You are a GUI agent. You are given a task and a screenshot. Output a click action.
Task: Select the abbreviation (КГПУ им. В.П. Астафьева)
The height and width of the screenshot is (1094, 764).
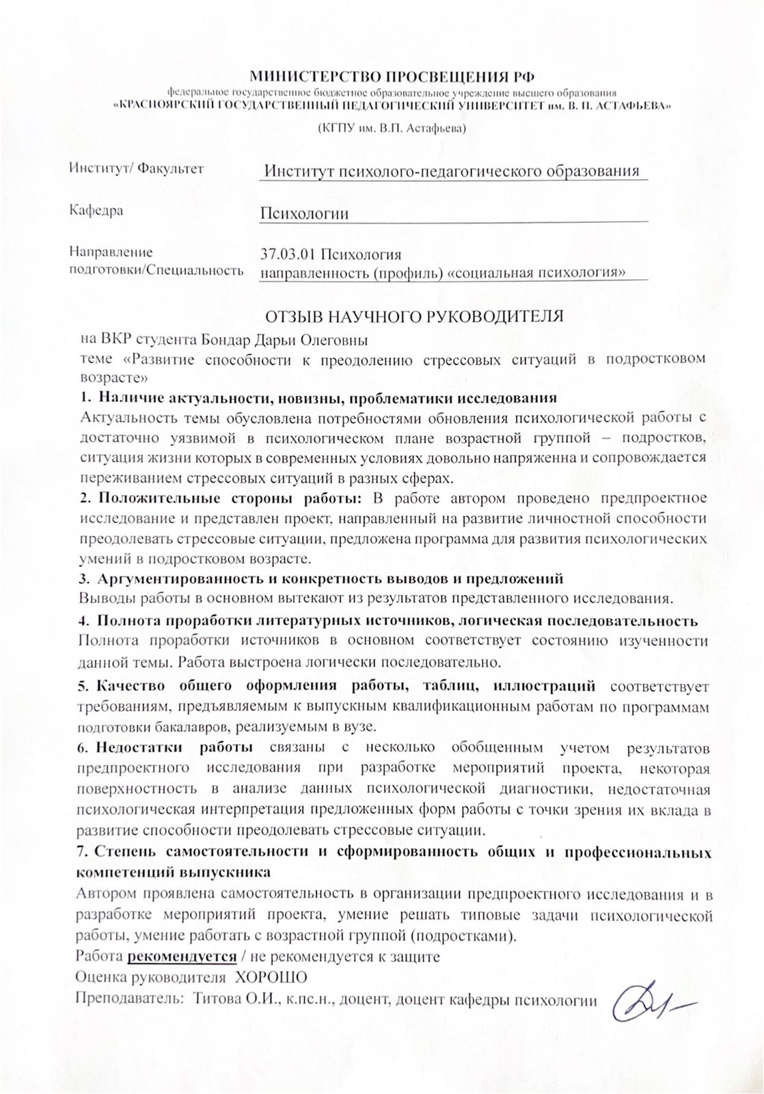click(391, 128)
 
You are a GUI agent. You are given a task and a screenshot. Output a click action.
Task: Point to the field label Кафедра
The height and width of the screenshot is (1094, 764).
click(96, 210)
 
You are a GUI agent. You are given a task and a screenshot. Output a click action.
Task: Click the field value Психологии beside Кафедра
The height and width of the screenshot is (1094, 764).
click(304, 213)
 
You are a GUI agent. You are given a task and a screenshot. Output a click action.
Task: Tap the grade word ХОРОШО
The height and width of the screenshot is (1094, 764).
click(271, 977)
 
